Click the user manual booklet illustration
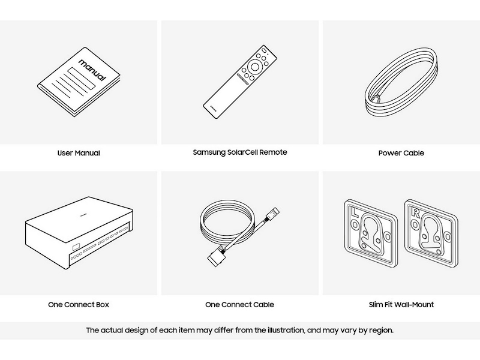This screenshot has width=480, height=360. pyautogui.click(x=79, y=82)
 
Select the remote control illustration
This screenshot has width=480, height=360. pyautogui.click(x=240, y=82)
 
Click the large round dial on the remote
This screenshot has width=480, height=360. pyautogui.click(x=254, y=66)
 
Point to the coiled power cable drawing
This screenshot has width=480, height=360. pyautogui.click(x=401, y=82)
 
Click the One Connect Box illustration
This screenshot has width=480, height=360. pyautogui.click(x=79, y=233)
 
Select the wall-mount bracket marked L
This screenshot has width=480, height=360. pyautogui.click(x=371, y=233)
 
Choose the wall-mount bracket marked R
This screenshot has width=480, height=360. pyautogui.click(x=431, y=233)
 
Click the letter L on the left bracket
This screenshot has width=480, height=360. pyautogui.click(x=355, y=212)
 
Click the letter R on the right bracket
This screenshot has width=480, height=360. pyautogui.click(x=415, y=212)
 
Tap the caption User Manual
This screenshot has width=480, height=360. pyautogui.click(x=79, y=153)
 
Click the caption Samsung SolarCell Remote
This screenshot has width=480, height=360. pyautogui.click(x=240, y=152)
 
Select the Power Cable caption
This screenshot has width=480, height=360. pyautogui.click(x=401, y=153)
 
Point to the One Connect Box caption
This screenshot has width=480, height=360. pyautogui.click(x=79, y=305)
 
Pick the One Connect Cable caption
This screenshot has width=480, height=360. pyautogui.click(x=239, y=305)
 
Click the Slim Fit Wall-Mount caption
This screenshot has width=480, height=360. pyautogui.click(x=401, y=305)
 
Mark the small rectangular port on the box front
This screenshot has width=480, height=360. pyautogui.click(x=76, y=247)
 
